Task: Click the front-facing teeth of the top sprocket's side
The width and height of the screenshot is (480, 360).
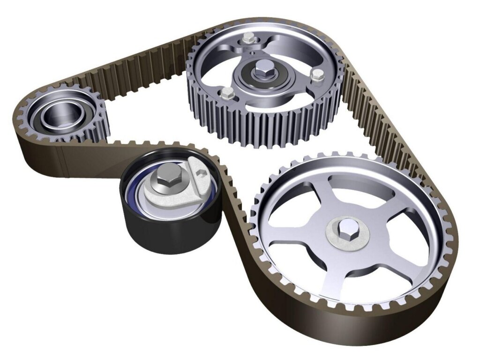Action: pyautogui.click(x=262, y=129)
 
